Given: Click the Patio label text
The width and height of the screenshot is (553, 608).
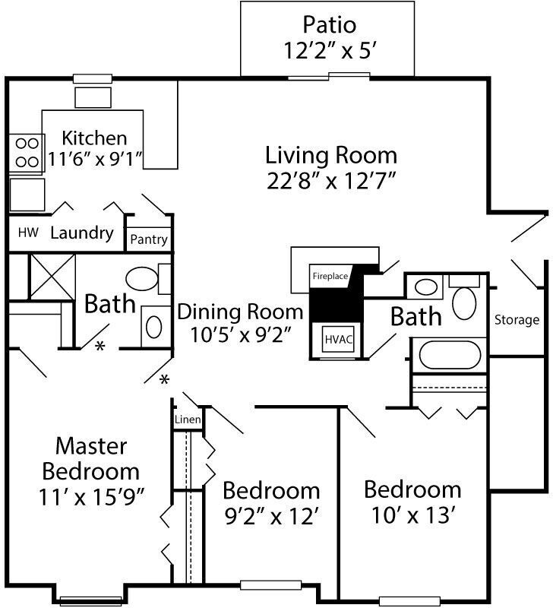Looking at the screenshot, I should tap(329, 24).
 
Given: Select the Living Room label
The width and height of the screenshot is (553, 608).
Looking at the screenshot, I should tap(330, 156).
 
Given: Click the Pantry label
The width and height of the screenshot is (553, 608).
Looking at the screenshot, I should tap(148, 239).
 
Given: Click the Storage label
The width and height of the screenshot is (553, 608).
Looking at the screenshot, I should tap(517, 320).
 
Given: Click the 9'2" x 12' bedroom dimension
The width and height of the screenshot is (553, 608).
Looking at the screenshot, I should tap(270, 516).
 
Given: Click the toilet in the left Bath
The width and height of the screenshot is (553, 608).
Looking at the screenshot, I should tap(141, 279).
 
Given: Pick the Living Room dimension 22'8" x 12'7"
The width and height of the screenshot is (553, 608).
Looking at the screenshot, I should tap(330, 181).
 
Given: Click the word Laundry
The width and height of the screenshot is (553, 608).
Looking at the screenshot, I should tap(81, 233).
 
